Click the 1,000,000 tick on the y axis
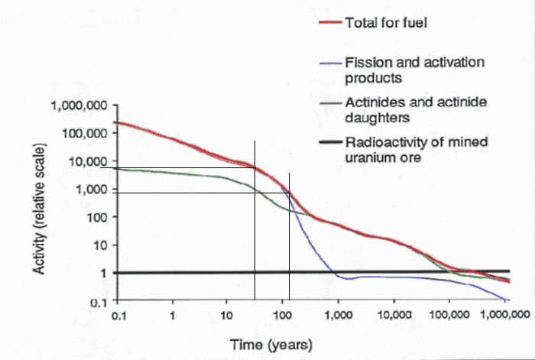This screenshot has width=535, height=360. click(x=78, y=105)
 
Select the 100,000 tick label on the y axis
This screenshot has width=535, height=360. click(x=84, y=133)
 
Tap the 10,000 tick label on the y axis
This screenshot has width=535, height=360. click(x=87, y=161)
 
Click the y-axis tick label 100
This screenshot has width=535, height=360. click(x=95, y=217)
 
